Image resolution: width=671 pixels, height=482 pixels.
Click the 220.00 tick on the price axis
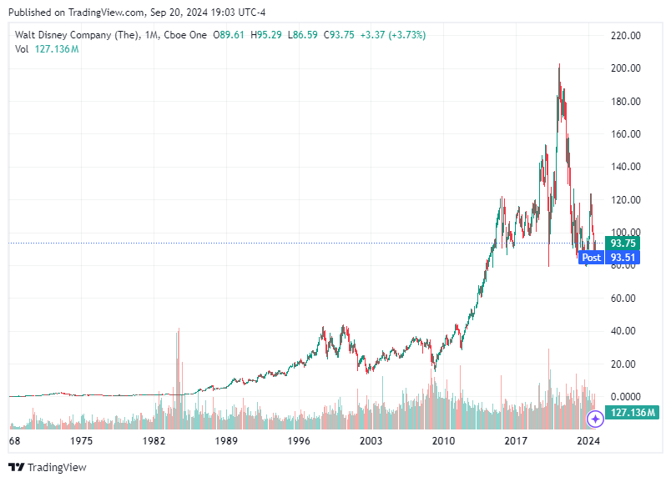click(625, 36)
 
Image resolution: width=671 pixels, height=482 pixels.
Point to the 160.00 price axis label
click(625, 134)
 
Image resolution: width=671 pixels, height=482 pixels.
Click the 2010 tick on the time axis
click(443, 440)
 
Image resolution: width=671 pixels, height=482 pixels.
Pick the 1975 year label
click(81, 440)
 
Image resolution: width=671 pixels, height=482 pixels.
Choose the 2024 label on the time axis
click(589, 440)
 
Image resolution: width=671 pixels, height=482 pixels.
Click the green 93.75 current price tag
click(623, 243)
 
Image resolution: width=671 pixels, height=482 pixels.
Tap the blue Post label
click(591, 258)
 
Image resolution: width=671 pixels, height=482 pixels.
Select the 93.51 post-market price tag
click(623, 258)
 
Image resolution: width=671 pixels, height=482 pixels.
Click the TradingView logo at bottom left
click(48, 467)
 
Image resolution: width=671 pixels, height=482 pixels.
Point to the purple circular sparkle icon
click(595, 419)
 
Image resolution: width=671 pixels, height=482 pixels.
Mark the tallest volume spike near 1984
click(179, 332)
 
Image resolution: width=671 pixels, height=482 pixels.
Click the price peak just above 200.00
click(558, 65)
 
